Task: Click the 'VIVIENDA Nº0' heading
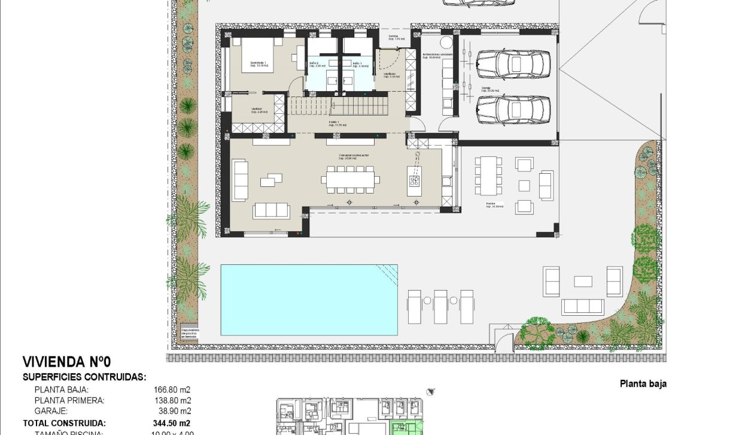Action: pyautogui.click(x=66, y=362)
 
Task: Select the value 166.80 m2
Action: pyautogui.click(x=172, y=389)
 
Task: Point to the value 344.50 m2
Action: pyautogui.click(x=172, y=422)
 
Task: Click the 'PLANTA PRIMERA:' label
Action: pyautogui.click(x=69, y=400)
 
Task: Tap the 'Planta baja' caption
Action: pyautogui.click(x=643, y=384)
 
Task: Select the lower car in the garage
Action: pyautogui.click(x=513, y=110)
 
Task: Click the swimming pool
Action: pyautogui.click(x=309, y=300)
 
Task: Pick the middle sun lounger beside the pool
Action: pyautogui.click(x=440, y=306)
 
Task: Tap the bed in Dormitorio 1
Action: pyautogui.click(x=258, y=55)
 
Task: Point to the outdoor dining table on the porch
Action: pyautogui.click(x=489, y=174)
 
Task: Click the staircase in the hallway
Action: pyautogui.click(x=338, y=107)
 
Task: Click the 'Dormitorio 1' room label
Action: pyautogui.click(x=259, y=62)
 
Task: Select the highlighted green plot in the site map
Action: pyautogui.click(x=408, y=428)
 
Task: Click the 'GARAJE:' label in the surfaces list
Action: pyautogui.click(x=51, y=412)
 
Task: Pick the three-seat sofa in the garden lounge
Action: pyautogui.click(x=583, y=307)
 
